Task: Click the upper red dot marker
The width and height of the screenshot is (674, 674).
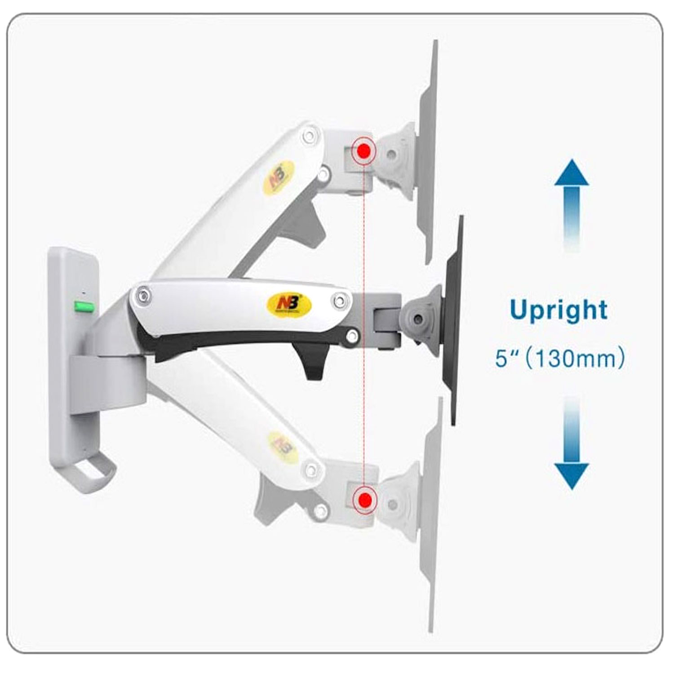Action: click(x=364, y=151)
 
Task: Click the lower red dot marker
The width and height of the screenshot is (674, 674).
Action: click(x=364, y=498)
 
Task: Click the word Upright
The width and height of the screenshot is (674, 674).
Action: click(x=559, y=310)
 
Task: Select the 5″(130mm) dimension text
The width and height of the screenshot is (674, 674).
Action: click(x=559, y=359)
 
